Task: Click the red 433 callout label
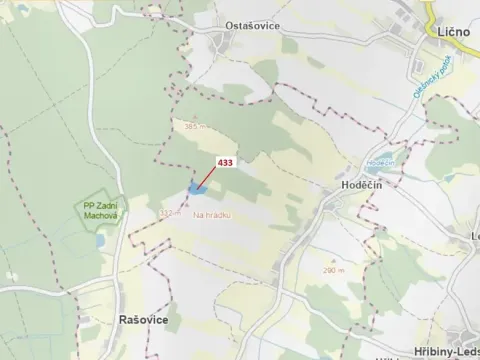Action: point(225,161)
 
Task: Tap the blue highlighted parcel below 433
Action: point(196,187)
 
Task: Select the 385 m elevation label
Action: point(194,127)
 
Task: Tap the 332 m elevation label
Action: point(167,211)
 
